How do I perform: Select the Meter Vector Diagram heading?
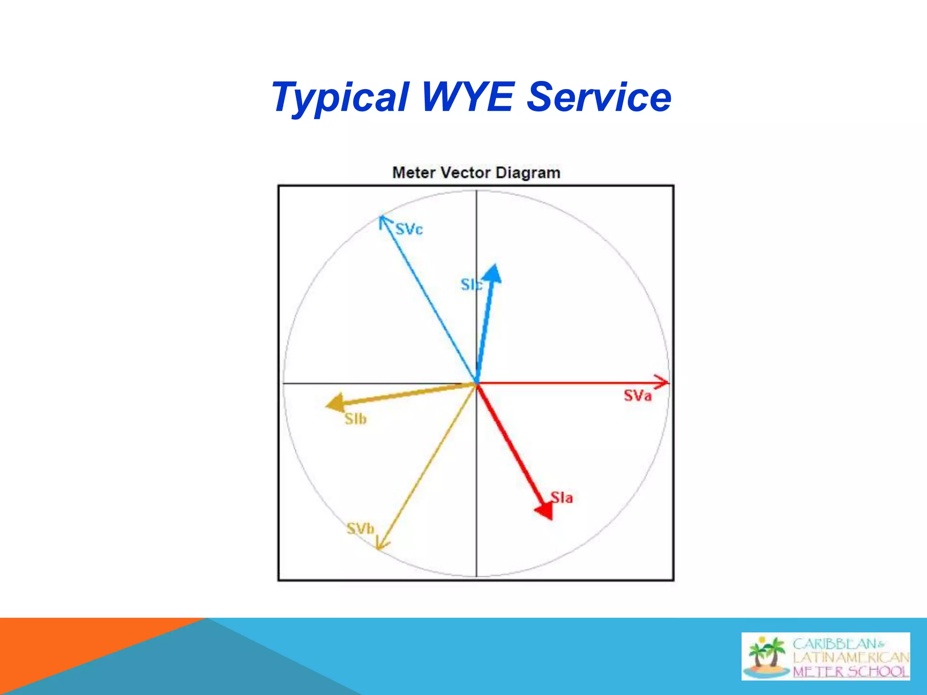(476, 173)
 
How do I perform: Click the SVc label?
(409, 229)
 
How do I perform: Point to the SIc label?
(471, 285)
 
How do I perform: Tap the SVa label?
(637, 396)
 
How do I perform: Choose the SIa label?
(562, 498)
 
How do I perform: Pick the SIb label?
(355, 419)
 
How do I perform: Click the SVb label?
(360, 528)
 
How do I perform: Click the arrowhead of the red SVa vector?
(662, 382)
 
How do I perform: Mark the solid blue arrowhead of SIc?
(492, 273)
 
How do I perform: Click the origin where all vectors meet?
(476, 383)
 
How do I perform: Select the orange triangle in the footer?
(68, 652)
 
